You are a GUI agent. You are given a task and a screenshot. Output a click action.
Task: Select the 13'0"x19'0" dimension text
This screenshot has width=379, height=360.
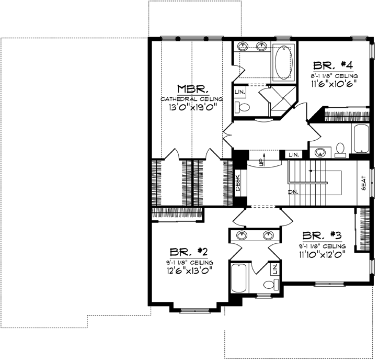click(x=192, y=108)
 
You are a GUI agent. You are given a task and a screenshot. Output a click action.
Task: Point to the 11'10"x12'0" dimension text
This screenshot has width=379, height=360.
click(x=321, y=256)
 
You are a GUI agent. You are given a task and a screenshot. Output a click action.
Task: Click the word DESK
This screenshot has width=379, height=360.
click(x=237, y=185)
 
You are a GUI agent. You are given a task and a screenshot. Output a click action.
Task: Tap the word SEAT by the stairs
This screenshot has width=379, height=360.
click(x=363, y=183)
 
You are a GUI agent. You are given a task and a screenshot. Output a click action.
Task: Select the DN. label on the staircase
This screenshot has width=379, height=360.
click(x=293, y=192)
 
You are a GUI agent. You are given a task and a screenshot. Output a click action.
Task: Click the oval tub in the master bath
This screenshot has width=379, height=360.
click(x=283, y=61)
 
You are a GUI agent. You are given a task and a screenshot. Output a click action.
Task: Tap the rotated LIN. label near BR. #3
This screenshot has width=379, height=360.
click(x=275, y=270)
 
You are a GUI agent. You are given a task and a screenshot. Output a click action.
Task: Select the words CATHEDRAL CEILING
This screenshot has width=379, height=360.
click(x=192, y=98)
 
